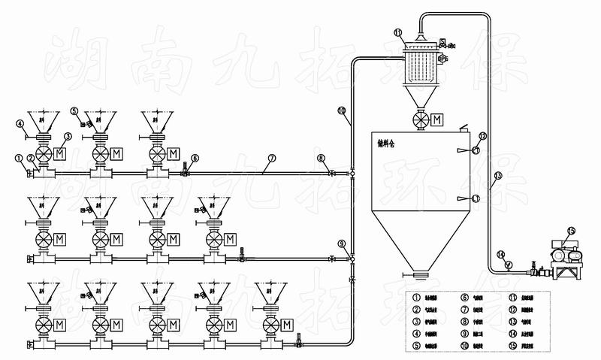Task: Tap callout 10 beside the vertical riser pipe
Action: coord(342,111)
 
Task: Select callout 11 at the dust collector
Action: coord(399,32)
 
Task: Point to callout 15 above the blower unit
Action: coord(571,231)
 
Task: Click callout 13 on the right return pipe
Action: coord(497,177)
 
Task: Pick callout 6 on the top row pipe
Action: coord(195,159)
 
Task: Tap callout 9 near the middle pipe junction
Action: coord(342,244)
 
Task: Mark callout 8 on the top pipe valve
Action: coord(321,158)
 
